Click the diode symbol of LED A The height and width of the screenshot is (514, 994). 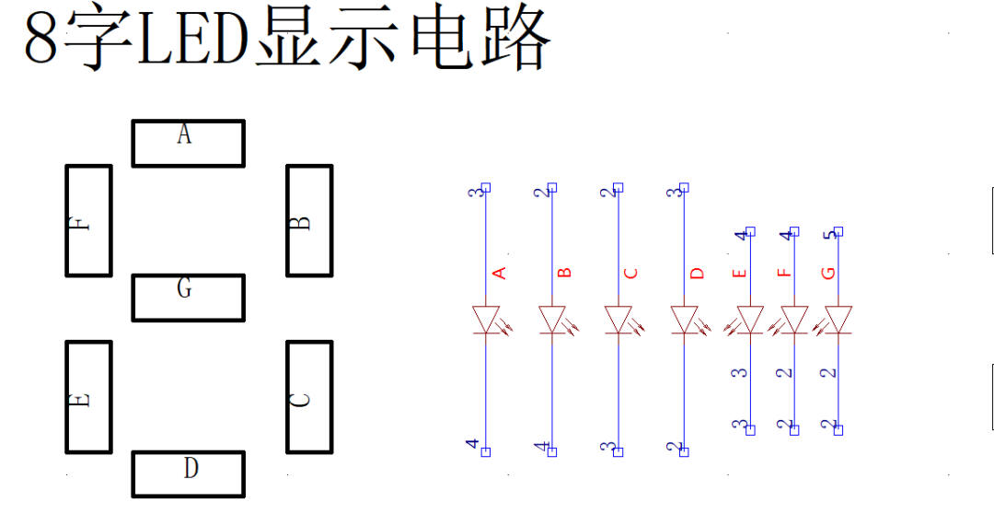coord(491,320)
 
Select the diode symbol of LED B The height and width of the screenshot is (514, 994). coord(557,320)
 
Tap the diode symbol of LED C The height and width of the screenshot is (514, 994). coord(623,320)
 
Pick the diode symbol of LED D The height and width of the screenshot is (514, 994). coord(689,320)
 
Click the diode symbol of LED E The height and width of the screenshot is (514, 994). coord(745,320)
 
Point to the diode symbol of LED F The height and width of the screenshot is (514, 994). coord(789,320)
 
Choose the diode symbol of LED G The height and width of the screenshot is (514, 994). coord(832,320)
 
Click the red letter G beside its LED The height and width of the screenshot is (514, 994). coord(828,274)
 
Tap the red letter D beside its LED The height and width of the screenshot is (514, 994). coord(697,274)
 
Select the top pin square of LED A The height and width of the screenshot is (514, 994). coord(486,187)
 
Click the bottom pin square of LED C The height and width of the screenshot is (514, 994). coord(618,451)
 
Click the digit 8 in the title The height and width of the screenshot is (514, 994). coord(43,40)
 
